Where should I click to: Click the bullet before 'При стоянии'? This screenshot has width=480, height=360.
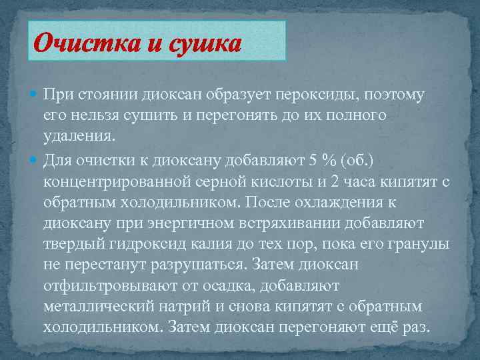pyautogui.click(x=34, y=95)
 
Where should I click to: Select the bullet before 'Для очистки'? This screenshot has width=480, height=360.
pyautogui.click(x=34, y=160)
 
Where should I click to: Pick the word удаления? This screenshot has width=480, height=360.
pyautogui.click(x=79, y=138)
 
